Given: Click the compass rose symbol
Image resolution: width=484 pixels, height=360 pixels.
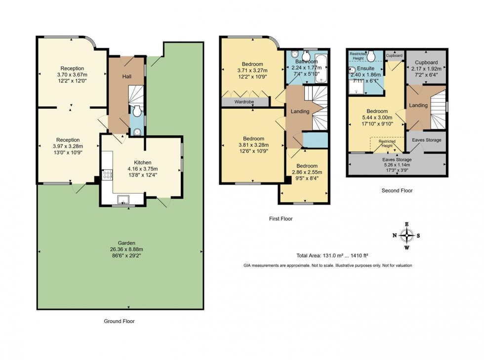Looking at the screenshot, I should coord(406,235).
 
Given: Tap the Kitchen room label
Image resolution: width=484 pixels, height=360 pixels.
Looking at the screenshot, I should coord(142,162).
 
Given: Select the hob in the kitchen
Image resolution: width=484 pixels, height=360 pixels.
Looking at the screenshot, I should coord(106,174).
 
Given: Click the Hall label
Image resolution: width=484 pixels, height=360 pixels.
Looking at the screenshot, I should coord(126,76).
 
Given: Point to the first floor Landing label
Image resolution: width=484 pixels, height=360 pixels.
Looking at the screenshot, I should coord(300,111).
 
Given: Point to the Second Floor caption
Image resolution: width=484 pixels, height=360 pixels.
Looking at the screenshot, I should coord(397,190).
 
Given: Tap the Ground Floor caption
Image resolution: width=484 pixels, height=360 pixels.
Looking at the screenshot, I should coord(119,321).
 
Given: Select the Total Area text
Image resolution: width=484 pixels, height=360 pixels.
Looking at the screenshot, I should coord(332,255).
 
